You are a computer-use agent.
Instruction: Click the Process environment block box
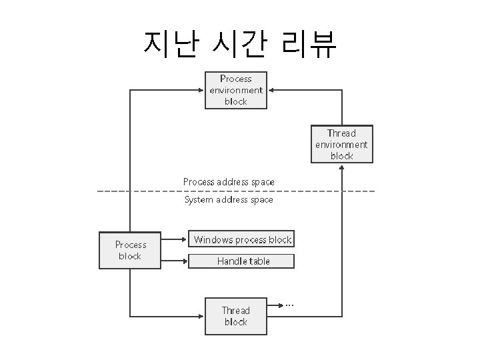235,90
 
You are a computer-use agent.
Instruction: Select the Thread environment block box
341,144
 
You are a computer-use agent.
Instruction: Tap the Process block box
130,250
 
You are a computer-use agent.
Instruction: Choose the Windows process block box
242,240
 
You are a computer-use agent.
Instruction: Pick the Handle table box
242,261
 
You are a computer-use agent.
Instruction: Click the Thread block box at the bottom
235,316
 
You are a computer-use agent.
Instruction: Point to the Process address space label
229,181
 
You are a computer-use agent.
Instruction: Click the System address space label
229,199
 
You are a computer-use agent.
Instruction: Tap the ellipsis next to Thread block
289,305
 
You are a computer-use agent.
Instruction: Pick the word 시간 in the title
239,44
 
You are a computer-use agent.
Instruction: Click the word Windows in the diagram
213,240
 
